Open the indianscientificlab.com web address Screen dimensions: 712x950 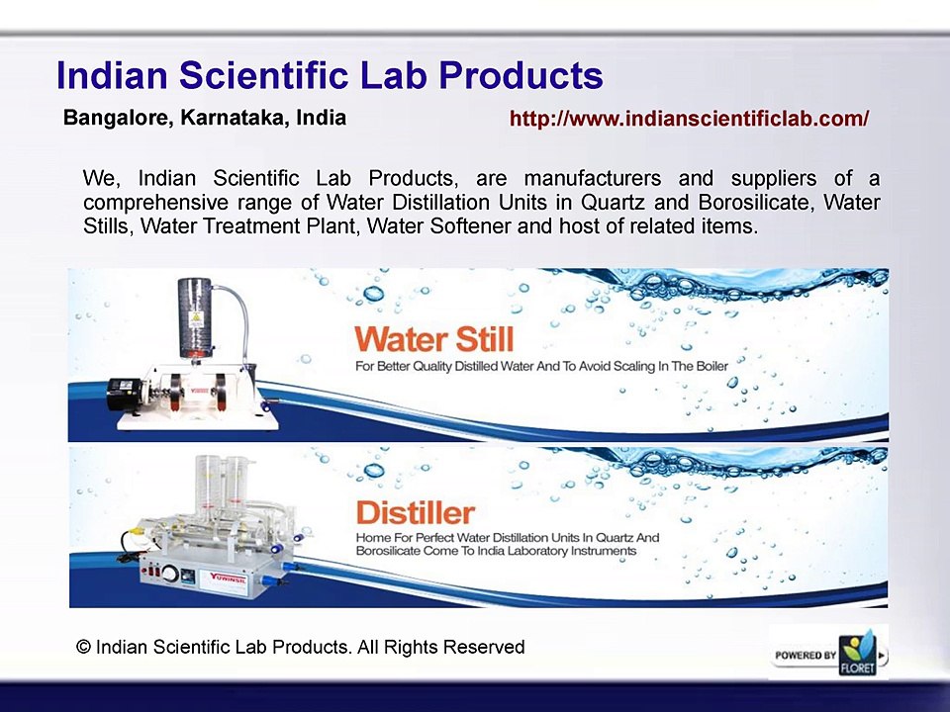[x=689, y=120]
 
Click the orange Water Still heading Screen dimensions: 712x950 [x=433, y=339]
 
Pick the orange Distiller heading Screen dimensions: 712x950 [x=414, y=513]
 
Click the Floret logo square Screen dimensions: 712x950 [x=857, y=654]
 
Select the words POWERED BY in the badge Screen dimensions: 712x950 [x=806, y=656]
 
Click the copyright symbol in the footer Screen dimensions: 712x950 [x=84, y=648]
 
